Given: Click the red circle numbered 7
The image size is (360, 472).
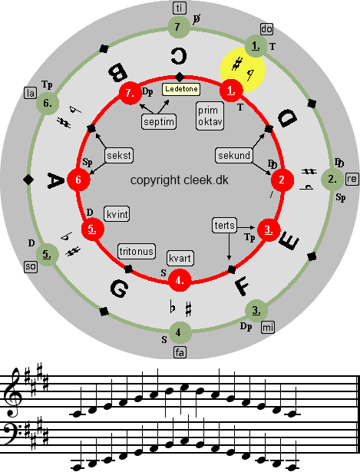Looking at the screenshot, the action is click(130, 93).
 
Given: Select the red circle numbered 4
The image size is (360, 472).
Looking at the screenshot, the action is click(180, 281).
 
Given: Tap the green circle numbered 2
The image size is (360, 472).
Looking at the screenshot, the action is click(332, 180).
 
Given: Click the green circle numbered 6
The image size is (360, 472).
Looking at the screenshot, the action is click(48, 104).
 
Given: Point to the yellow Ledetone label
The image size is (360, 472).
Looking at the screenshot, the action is click(181, 89).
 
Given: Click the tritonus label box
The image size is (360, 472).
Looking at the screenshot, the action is click(137, 252).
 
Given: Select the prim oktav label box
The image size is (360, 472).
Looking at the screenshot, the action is click(210, 116).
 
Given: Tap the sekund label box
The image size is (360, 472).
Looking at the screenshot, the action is click(234, 155).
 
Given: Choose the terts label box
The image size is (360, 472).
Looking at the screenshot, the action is click(225, 226).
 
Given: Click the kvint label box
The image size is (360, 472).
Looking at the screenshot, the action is click(117, 214).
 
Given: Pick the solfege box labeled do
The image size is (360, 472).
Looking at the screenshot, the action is click(266, 29).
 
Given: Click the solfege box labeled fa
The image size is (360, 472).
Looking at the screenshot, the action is click(180, 352).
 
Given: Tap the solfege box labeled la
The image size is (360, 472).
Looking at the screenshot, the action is click(31, 93).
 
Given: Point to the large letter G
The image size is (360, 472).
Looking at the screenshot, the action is click(119, 289).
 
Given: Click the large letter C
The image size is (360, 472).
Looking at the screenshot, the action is click(179, 56).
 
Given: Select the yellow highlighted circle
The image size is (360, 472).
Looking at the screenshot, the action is click(243, 70).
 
